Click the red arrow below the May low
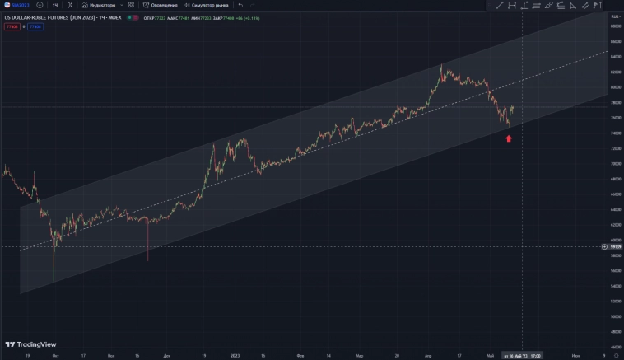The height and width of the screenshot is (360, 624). [x=509, y=138]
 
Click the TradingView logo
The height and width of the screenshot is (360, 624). [x=30, y=344]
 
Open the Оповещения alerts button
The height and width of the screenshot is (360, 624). [x=160, y=5]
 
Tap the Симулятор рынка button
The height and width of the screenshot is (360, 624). [x=207, y=5]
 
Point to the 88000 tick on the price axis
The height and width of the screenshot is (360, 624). [x=614, y=26]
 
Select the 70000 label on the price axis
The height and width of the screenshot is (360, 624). [x=614, y=163]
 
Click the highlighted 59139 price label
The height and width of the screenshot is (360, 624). [x=614, y=246]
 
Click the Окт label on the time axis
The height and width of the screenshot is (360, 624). [x=55, y=356]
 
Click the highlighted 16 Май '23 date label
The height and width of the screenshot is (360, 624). [x=522, y=356]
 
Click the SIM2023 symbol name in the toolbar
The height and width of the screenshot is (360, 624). [x=17, y=5]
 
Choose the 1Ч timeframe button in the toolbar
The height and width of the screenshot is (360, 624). [x=55, y=5]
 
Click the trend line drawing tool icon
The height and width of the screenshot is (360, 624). [x=499, y=5]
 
